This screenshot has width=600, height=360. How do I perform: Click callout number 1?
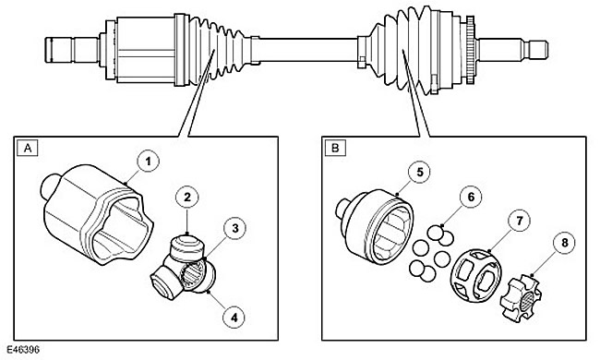pyautogui.click(x=148, y=162)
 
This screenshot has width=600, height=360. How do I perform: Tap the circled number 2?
pyautogui.click(x=187, y=198)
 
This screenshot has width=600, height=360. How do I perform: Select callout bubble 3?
pyautogui.click(x=235, y=228)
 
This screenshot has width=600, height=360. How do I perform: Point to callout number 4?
pyautogui.click(x=234, y=317)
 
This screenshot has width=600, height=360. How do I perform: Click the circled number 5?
pyautogui.click(x=420, y=173)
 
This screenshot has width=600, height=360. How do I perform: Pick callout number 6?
pyautogui.click(x=471, y=197)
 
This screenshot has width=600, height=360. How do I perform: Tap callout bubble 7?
pyautogui.click(x=520, y=221)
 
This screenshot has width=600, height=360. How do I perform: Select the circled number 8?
pyautogui.click(x=564, y=243)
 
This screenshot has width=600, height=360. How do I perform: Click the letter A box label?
pyautogui.click(x=28, y=148)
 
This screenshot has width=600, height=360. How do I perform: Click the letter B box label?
pyautogui.click(x=335, y=148)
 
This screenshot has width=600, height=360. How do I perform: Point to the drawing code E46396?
pyautogui.click(x=22, y=350)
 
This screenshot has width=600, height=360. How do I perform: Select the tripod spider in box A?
pyautogui.click(x=184, y=268)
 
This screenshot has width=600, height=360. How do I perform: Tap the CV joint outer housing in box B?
pyautogui.click(x=375, y=226)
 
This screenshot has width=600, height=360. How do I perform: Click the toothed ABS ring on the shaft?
pyautogui.click(x=470, y=50)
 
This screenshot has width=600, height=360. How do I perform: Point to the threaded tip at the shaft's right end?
pyautogui.click(x=539, y=50)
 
